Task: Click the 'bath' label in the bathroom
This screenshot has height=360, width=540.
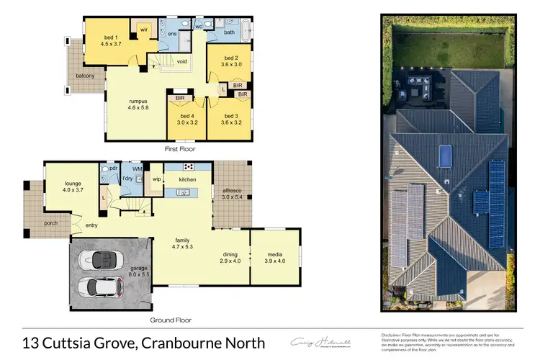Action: (x=229, y=32)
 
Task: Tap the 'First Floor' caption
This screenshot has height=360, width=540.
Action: (x=180, y=148)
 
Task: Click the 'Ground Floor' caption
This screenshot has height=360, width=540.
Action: (x=171, y=319)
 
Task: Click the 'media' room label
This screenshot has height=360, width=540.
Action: (x=275, y=253)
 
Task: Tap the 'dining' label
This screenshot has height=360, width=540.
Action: (x=230, y=253)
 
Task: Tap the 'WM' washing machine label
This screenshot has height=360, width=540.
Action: (x=137, y=168)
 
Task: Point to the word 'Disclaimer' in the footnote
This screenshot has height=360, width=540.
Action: (x=393, y=336)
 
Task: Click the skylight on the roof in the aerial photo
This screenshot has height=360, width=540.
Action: (x=446, y=154)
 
